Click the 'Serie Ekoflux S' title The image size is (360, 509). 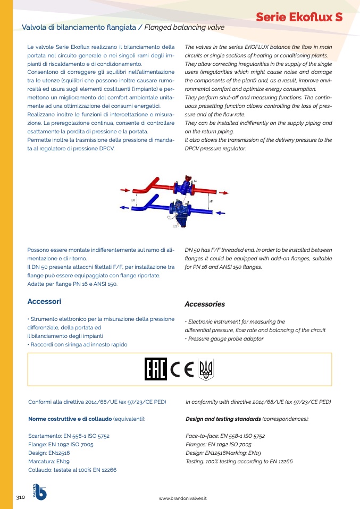click(299, 17)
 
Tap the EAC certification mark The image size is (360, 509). click(155, 369)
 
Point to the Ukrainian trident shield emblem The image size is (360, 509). click(206, 369)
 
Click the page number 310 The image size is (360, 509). click(21, 497)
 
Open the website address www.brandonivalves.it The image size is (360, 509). click(183, 498)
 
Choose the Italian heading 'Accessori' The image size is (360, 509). click(44, 301)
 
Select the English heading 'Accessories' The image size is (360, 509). click(205, 304)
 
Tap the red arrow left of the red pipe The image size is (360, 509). click(125, 190)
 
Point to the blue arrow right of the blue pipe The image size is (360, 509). click(221, 213)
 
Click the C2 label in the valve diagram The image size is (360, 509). click(174, 226)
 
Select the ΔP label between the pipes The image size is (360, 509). click(211, 202)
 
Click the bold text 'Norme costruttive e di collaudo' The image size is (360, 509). click(70, 419)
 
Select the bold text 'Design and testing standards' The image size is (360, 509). click(223, 419)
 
